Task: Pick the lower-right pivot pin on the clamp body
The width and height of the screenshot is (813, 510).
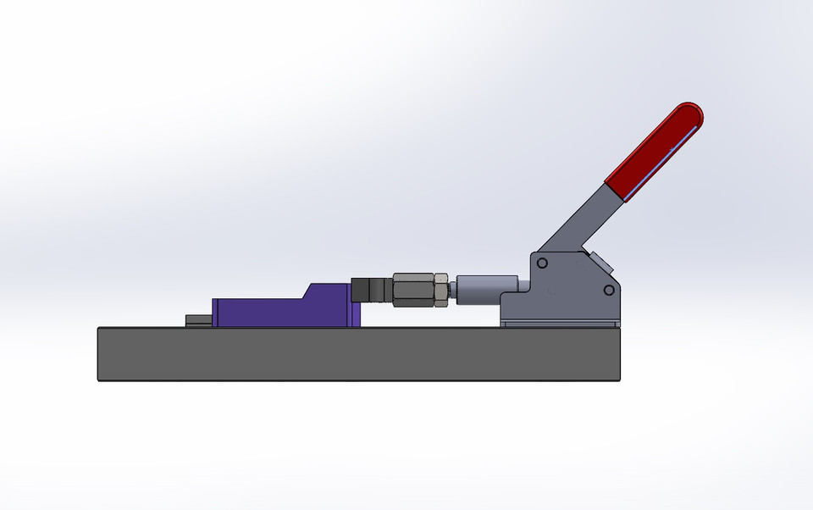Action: click(x=608, y=291)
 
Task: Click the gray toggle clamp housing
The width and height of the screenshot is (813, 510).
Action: click(x=567, y=288)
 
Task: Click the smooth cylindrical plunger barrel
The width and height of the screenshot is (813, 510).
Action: click(x=487, y=289)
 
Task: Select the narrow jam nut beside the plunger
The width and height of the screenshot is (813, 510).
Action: click(x=442, y=289)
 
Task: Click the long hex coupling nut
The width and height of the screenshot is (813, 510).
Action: click(x=412, y=289)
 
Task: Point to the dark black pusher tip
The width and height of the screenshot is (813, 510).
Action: click(x=371, y=289)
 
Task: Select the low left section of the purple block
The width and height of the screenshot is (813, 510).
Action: click(x=254, y=312)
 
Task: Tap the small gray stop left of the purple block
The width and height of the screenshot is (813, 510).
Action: click(x=198, y=320)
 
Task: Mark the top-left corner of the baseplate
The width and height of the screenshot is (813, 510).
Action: click(x=99, y=329)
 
